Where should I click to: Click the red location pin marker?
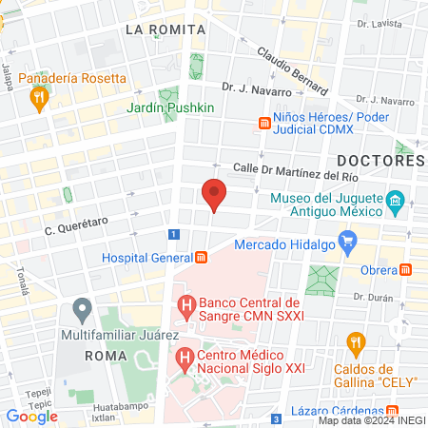(214, 194)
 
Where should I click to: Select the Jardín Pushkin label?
(170, 107)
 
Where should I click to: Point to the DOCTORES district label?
(379, 161)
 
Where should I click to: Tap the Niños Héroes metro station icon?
(264, 123)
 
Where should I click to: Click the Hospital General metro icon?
(202, 258)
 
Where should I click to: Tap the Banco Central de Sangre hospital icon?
(185, 306)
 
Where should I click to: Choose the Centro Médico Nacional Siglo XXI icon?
(185, 360)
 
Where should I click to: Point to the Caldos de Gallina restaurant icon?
(356, 342)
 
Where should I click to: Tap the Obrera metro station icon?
(408, 269)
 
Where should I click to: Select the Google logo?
(31, 416)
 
